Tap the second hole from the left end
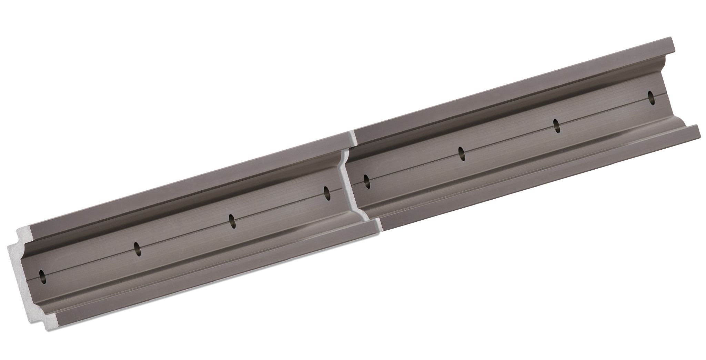[137, 249]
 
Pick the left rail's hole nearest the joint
[326, 193]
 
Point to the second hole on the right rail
[461, 154]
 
